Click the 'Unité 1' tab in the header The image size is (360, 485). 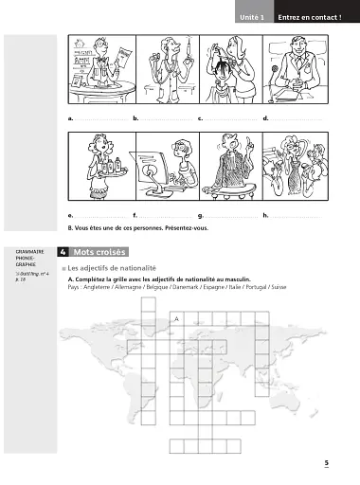[252, 17]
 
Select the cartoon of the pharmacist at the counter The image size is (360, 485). [99, 73]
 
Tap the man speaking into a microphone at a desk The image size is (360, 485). [293, 73]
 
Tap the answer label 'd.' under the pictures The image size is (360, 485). [265, 119]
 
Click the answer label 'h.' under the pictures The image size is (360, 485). [265, 216]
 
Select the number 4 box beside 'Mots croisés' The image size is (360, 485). [62, 254]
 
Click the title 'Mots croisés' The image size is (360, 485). [98, 254]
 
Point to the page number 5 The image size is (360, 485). [325, 463]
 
